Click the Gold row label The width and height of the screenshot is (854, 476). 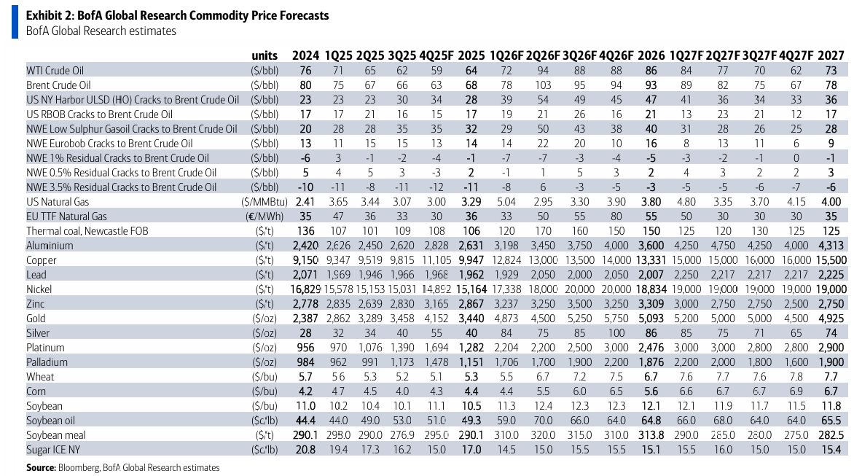point(36,319)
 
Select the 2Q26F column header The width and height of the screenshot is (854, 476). point(543,55)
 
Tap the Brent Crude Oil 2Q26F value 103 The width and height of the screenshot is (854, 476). point(543,85)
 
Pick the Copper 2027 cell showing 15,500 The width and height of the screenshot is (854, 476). point(831,260)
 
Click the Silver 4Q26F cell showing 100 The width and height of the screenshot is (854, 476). point(616,333)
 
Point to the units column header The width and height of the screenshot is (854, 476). point(265,55)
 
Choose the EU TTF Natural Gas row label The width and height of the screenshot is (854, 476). point(66,216)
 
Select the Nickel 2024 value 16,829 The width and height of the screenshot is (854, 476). point(305,289)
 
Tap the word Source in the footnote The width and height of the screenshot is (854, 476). point(41,468)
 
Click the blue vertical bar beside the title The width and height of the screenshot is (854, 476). point(15,22)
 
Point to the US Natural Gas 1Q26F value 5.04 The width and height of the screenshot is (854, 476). point(506,202)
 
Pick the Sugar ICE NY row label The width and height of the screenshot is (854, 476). point(54,450)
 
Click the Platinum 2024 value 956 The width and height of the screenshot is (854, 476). point(305,348)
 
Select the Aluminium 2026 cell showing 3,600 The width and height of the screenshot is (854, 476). point(651,246)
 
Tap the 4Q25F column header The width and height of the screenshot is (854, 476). point(436,55)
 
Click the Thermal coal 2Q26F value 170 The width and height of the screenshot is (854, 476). point(543,231)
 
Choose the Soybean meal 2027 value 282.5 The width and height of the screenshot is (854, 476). point(831,435)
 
